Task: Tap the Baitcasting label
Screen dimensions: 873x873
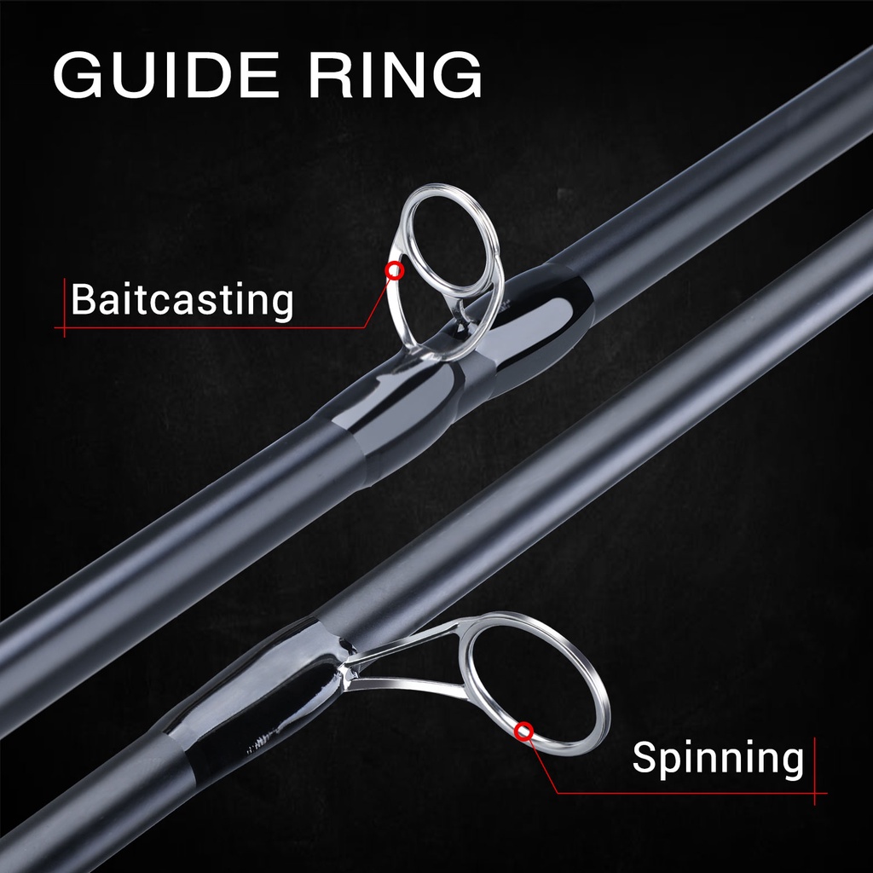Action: tap(182, 300)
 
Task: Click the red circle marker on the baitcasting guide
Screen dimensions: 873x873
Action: tap(394, 271)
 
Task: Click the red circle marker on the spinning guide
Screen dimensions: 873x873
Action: tap(524, 730)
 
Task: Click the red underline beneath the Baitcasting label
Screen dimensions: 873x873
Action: tap(213, 327)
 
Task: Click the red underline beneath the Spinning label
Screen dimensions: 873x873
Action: tap(691, 793)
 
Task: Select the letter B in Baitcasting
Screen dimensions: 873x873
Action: tap(83, 300)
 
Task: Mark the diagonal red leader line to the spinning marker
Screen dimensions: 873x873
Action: tap(542, 764)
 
